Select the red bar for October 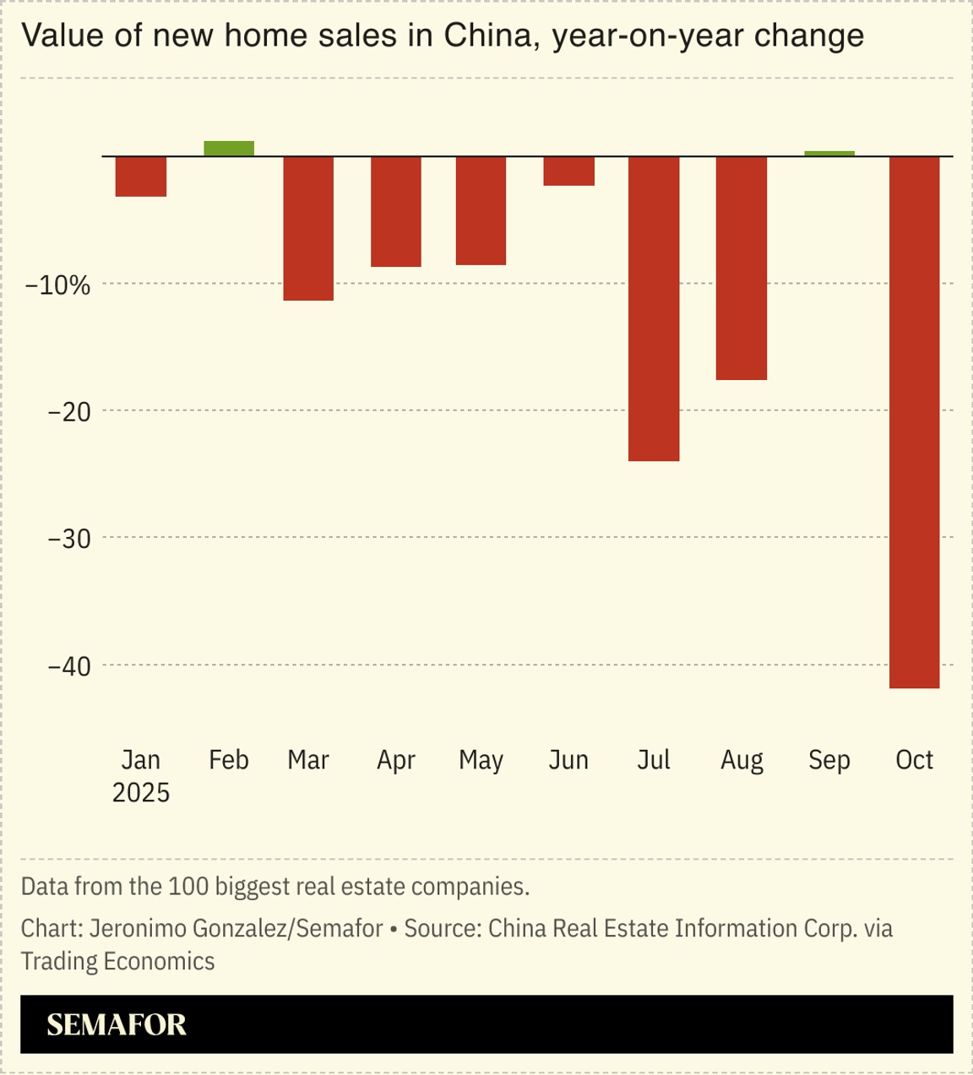pyautogui.click(x=914, y=422)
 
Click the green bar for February pyautogui.click(x=229, y=149)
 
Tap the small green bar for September pyautogui.click(x=829, y=154)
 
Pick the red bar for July pyautogui.click(x=654, y=308)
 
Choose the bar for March pyautogui.click(x=308, y=228)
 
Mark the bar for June pyautogui.click(x=568, y=171)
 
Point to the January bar pyautogui.click(x=141, y=176)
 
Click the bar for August pyautogui.click(x=742, y=268)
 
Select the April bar pyautogui.click(x=396, y=211)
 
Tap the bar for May pyautogui.click(x=481, y=210)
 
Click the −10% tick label pyautogui.click(x=57, y=285)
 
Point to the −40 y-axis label pyautogui.click(x=69, y=666)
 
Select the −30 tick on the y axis pyautogui.click(x=69, y=539)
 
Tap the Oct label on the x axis pyautogui.click(x=914, y=760)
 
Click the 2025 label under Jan pyautogui.click(x=141, y=793)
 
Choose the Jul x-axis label pyautogui.click(x=654, y=760)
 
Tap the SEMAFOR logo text pyautogui.click(x=117, y=1024)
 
